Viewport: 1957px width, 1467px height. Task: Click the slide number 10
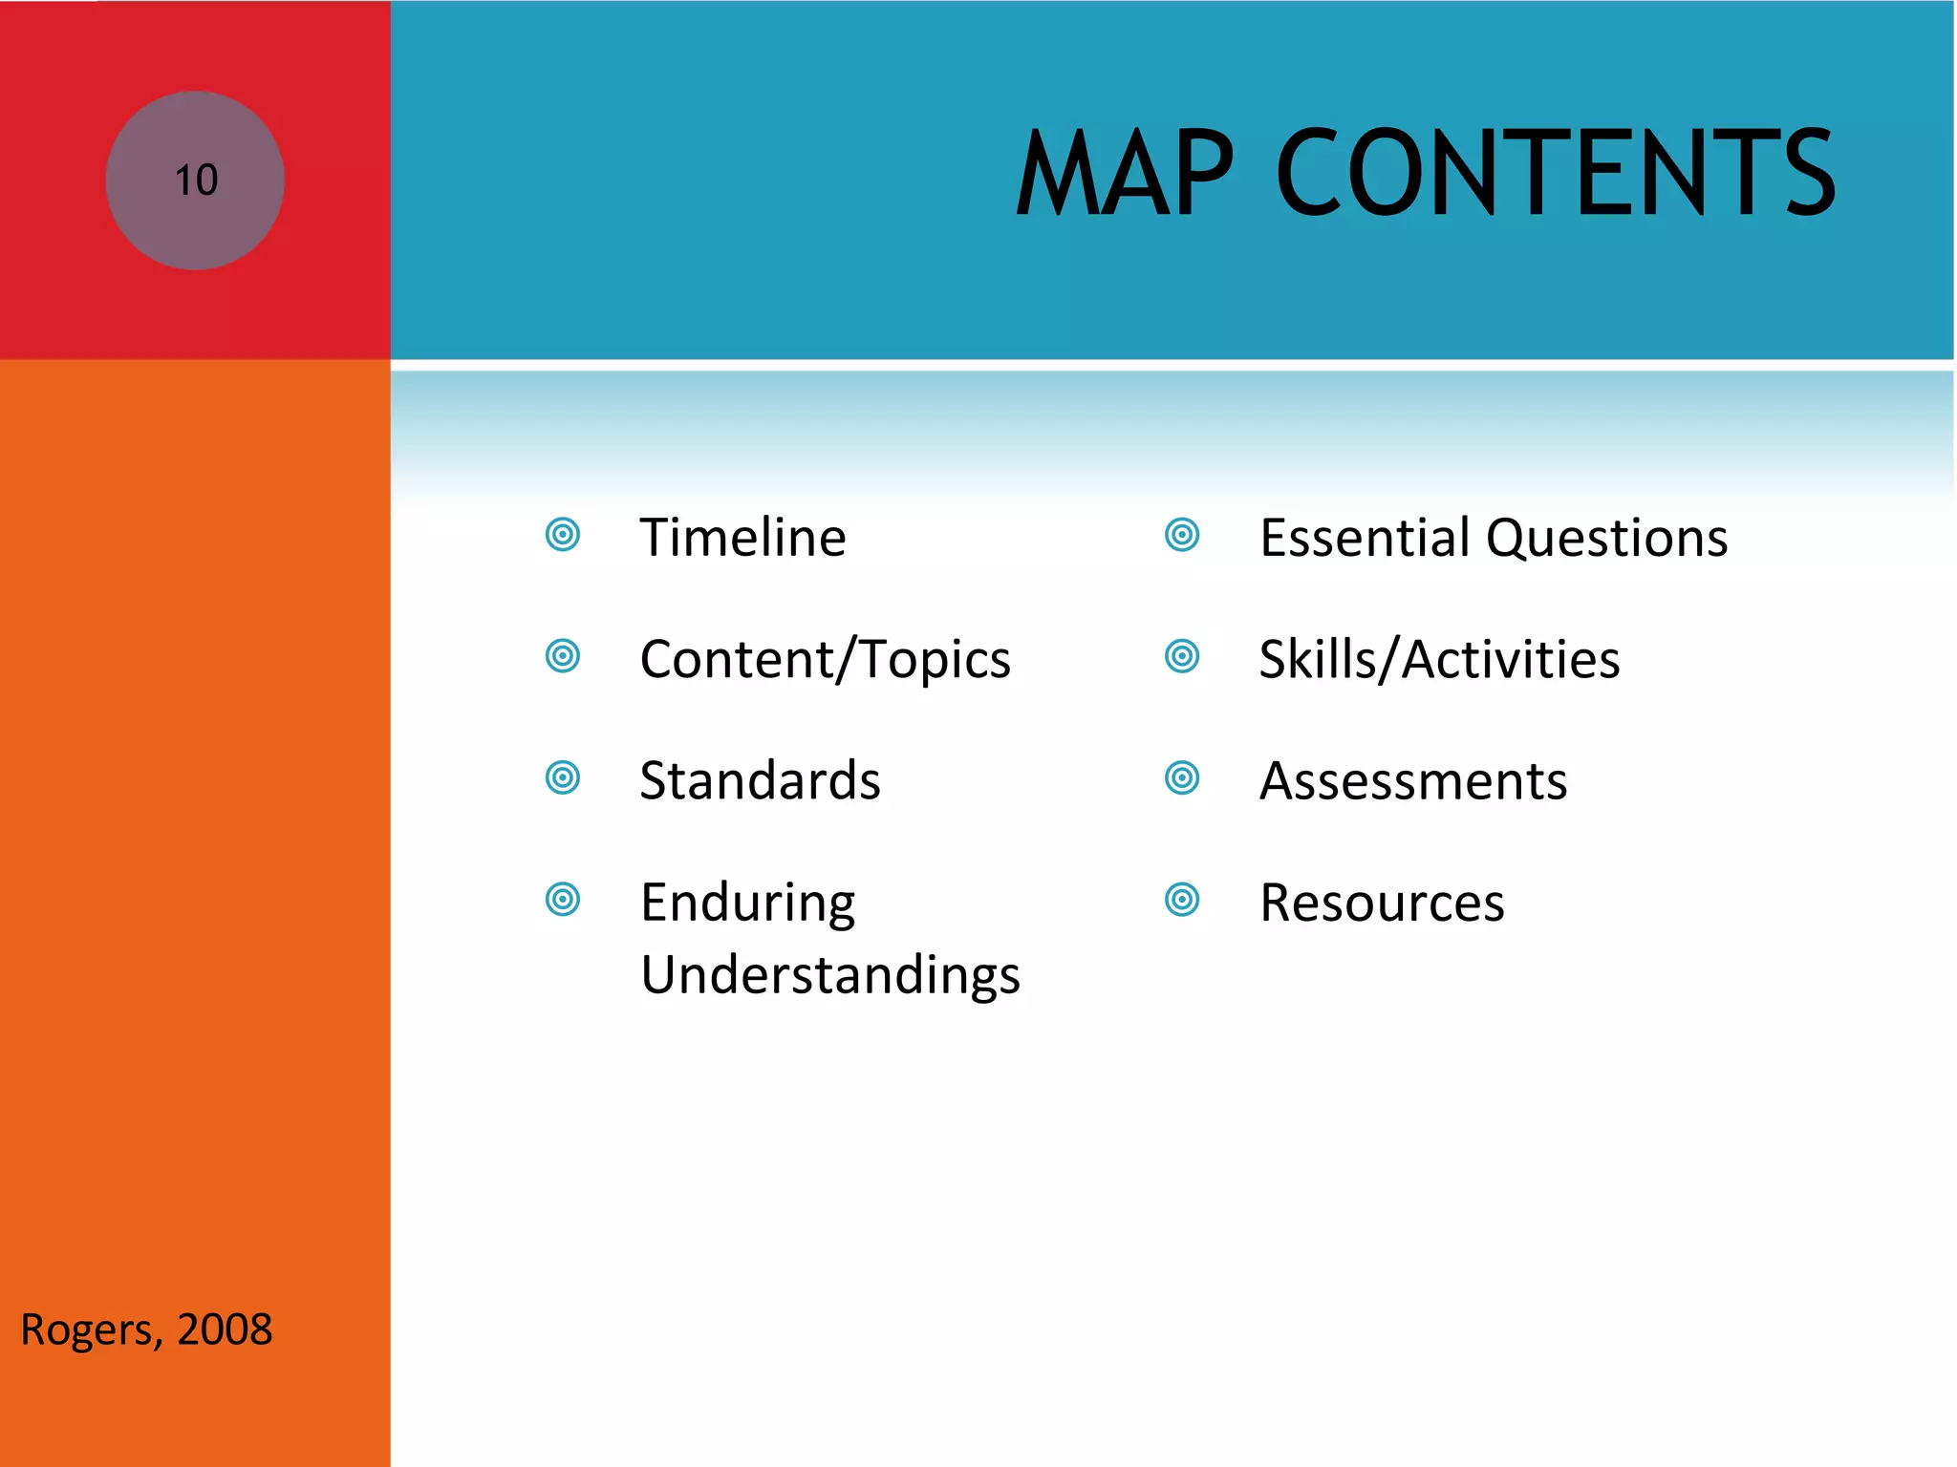click(x=196, y=181)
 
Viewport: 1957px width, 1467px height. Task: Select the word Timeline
click(x=742, y=537)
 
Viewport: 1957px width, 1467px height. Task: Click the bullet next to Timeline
click(x=563, y=535)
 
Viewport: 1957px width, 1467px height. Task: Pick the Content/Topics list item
click(x=825, y=659)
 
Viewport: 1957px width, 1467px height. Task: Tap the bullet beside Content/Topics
click(x=563, y=656)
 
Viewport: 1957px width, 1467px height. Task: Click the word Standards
click(x=760, y=780)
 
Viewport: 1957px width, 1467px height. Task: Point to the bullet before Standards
click(x=563, y=777)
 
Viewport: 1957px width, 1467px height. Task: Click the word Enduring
click(x=747, y=903)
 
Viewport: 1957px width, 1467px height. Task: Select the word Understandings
click(x=829, y=975)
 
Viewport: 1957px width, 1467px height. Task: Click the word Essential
click(x=1365, y=537)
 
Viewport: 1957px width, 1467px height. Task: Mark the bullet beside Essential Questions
click(x=1182, y=535)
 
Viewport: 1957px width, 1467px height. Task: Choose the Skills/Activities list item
click(x=1439, y=659)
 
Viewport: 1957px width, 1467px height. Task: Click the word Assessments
click(x=1413, y=781)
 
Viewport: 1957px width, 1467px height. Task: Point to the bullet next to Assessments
click(x=1182, y=777)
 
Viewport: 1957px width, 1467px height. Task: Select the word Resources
click(x=1382, y=903)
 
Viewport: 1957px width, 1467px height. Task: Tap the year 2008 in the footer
click(x=225, y=1329)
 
